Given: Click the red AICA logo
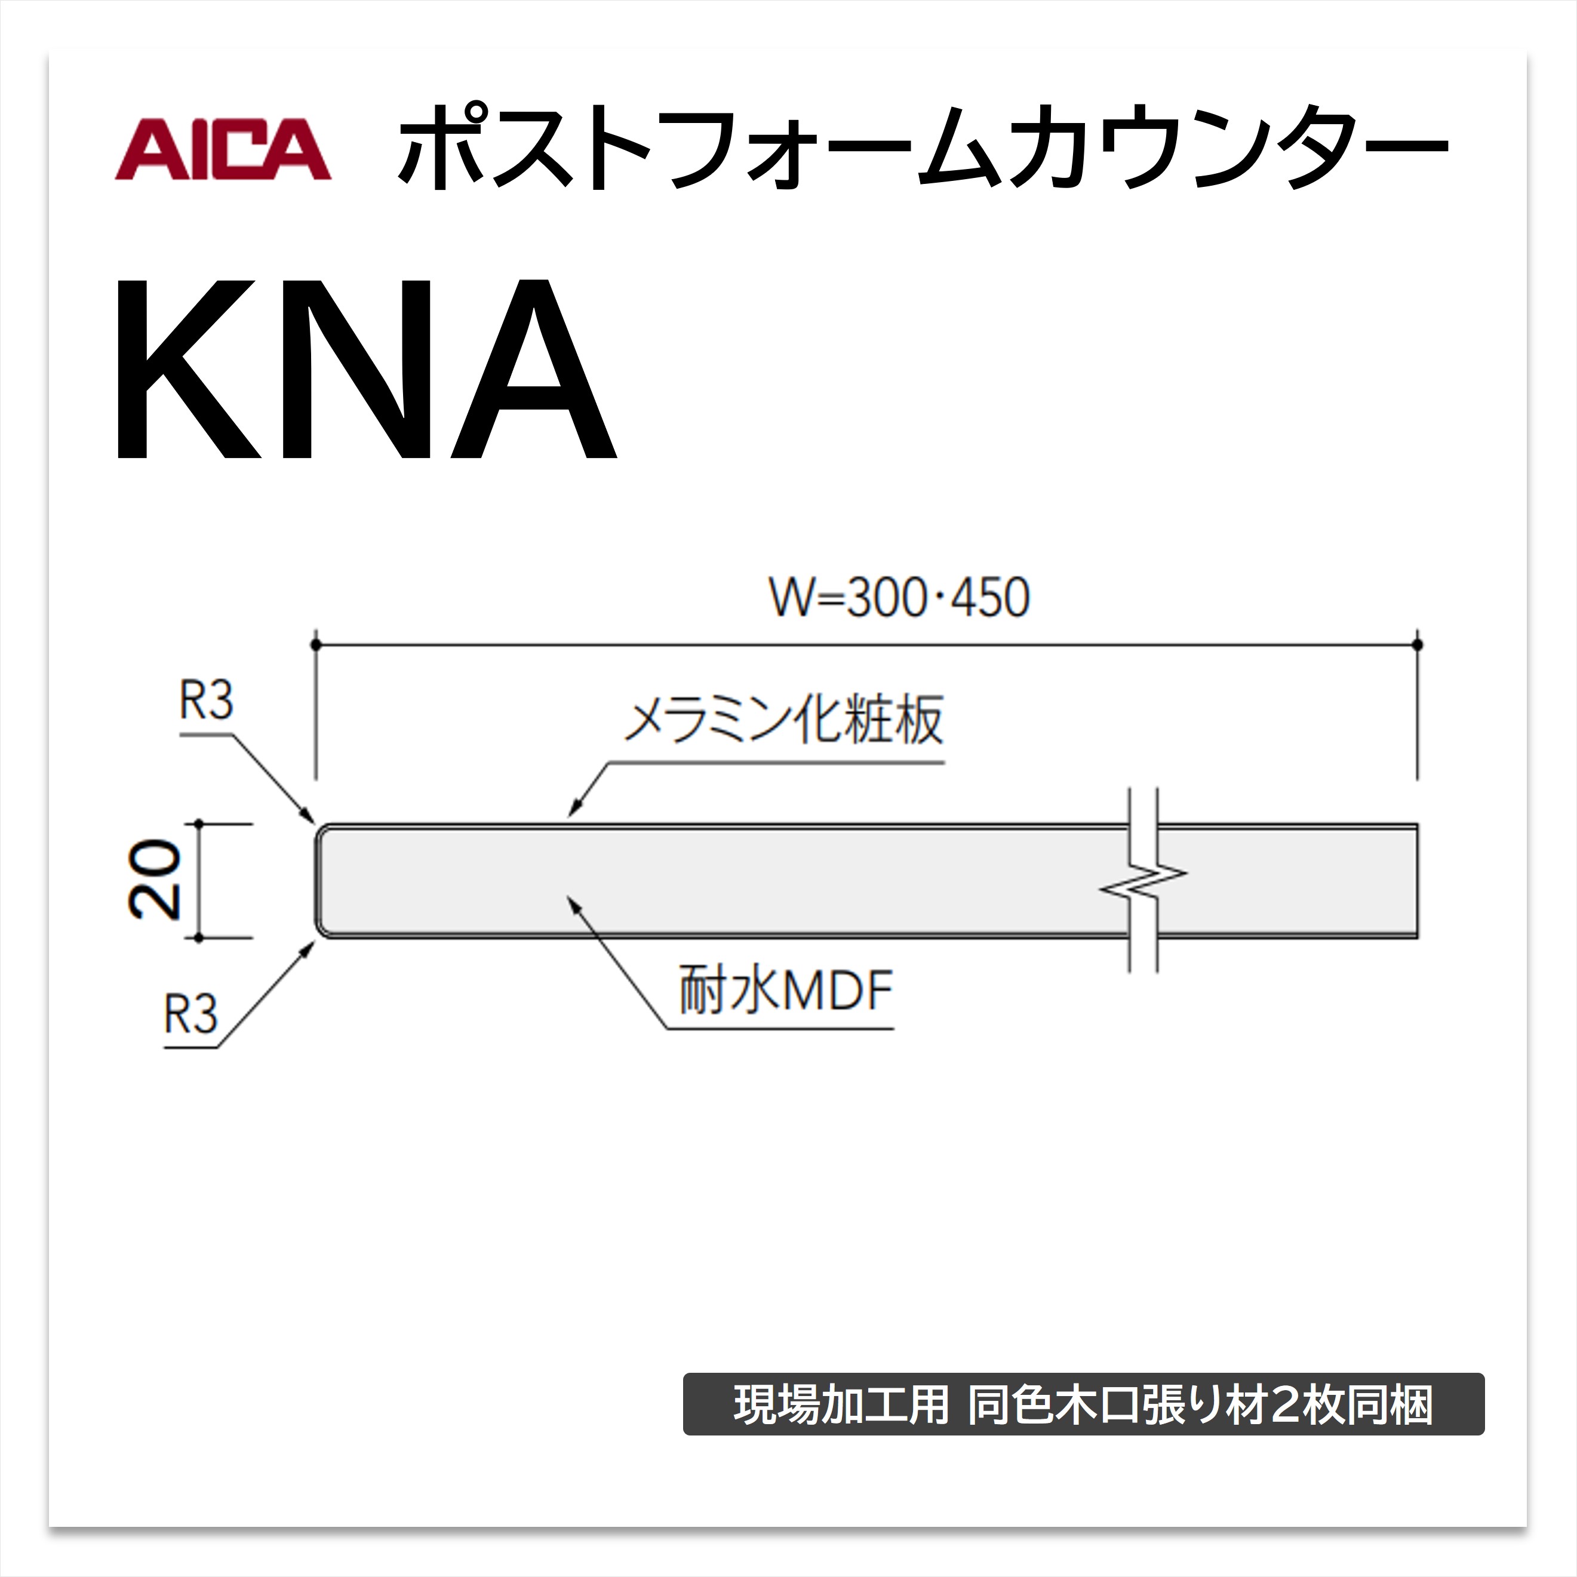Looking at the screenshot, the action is click(223, 149).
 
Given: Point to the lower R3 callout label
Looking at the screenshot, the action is click(191, 1015).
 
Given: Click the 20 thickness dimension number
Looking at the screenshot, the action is click(154, 880).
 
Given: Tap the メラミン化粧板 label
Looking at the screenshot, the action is click(783, 720).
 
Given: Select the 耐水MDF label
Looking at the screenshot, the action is click(785, 990).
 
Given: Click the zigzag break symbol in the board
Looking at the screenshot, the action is click(1143, 881).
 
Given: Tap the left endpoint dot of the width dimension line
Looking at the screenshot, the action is click(316, 645).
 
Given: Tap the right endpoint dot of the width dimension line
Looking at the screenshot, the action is click(1418, 645).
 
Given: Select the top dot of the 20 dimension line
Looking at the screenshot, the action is click(198, 823).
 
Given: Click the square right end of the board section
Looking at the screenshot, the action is click(1417, 881).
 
